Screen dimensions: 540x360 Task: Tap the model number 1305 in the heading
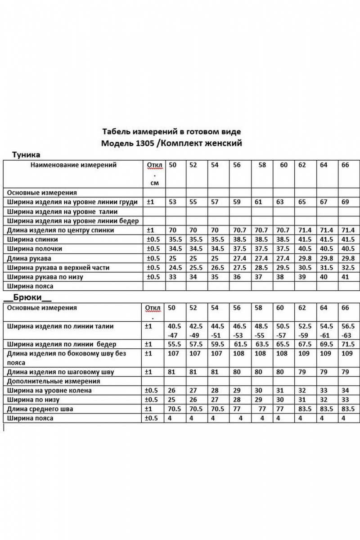pyautogui.click(x=140, y=144)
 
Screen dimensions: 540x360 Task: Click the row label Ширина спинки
pyautogui.click(x=31, y=239)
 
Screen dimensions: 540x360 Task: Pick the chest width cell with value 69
pyautogui.click(x=345, y=202)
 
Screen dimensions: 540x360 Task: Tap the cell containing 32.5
pyautogui.click(x=347, y=268)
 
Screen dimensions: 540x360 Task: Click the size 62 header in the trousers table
pyautogui.click(x=302, y=308)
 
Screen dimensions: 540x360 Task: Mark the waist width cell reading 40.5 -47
pyautogui.click(x=175, y=331)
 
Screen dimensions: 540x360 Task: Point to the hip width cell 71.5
pyautogui.click(x=347, y=344)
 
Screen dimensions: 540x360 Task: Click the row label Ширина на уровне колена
pyautogui.click(x=49, y=391)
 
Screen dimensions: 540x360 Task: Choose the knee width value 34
pyautogui.click(x=346, y=391)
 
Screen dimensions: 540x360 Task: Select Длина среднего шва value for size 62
pyautogui.click(x=304, y=409)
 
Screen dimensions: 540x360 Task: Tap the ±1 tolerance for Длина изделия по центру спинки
pyautogui.click(x=150, y=230)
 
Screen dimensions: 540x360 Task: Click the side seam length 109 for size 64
pyautogui.click(x=324, y=354)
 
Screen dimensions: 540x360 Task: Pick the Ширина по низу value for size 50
pyautogui.click(x=172, y=400)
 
